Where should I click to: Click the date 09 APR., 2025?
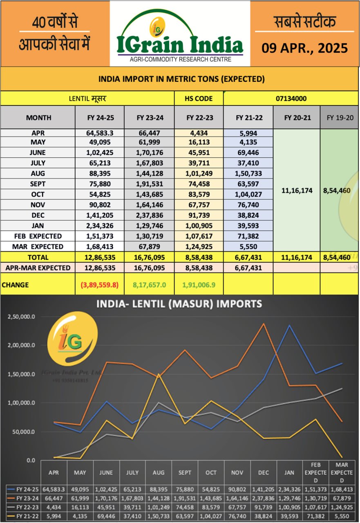(x=304, y=48)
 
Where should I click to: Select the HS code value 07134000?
(x=291, y=98)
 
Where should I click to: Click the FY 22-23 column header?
(x=199, y=118)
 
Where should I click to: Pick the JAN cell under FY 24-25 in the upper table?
(x=100, y=226)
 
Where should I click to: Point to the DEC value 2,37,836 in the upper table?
(x=150, y=215)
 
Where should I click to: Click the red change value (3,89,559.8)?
(x=100, y=285)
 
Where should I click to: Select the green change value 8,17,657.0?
(x=150, y=285)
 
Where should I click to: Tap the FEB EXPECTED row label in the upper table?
(x=38, y=236)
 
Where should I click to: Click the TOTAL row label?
(x=38, y=257)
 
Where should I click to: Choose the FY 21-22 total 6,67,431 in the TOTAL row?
(x=248, y=257)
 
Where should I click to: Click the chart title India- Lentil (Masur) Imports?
(x=179, y=304)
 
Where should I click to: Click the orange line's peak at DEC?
(x=264, y=324)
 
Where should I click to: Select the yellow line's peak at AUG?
(x=159, y=374)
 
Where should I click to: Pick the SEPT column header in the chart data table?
(x=185, y=473)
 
